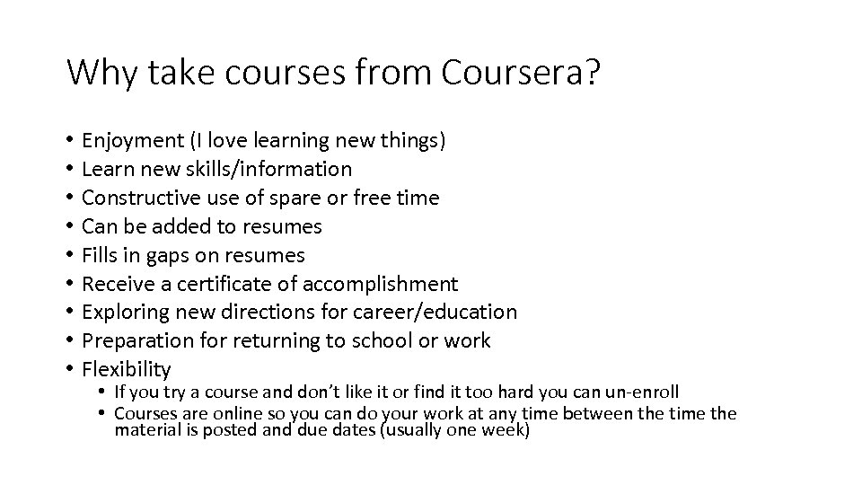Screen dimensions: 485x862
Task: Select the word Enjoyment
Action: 132,140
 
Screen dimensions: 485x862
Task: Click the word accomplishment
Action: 381,284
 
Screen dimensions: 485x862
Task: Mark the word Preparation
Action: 131,341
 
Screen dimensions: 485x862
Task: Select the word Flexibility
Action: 127,369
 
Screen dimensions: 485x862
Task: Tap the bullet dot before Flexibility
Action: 69,369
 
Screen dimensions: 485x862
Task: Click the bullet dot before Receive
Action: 69,284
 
